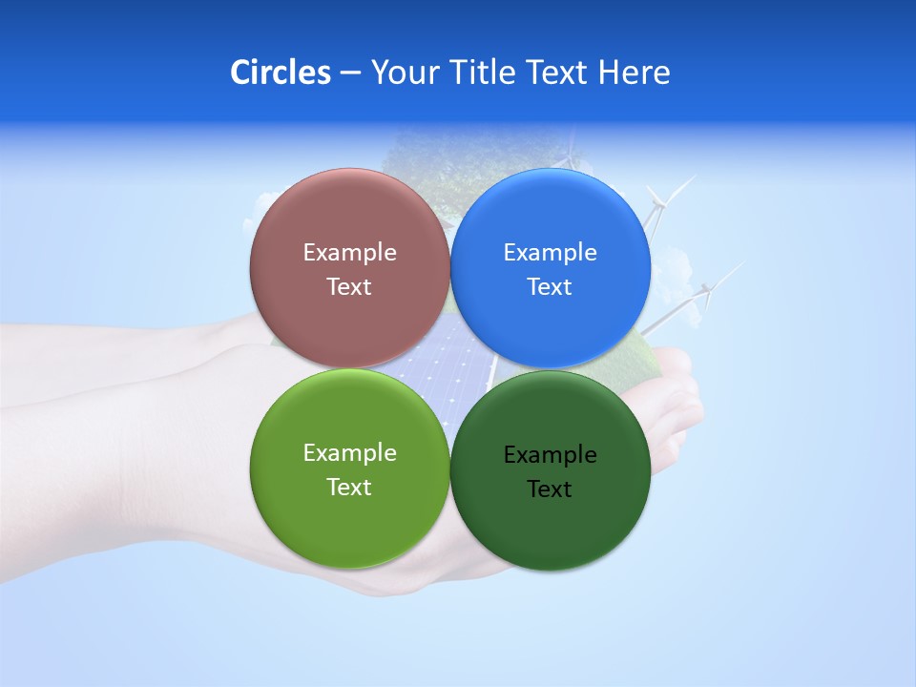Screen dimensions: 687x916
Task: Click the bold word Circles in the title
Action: pos(280,72)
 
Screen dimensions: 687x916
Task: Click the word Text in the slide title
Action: pos(559,72)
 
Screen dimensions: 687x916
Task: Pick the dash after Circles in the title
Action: pos(350,73)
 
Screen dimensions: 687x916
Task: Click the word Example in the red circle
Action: pos(349,252)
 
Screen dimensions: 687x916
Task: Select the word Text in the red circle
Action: pos(349,286)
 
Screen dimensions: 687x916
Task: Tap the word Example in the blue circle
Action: pos(550,252)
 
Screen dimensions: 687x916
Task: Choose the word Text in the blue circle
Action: pos(550,286)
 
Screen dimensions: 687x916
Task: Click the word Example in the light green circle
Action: pos(349,452)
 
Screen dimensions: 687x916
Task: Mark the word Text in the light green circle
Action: pos(349,487)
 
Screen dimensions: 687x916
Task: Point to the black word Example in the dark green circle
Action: pos(550,454)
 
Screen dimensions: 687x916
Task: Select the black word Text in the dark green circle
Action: pos(550,489)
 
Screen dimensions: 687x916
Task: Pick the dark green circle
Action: pos(592,525)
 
